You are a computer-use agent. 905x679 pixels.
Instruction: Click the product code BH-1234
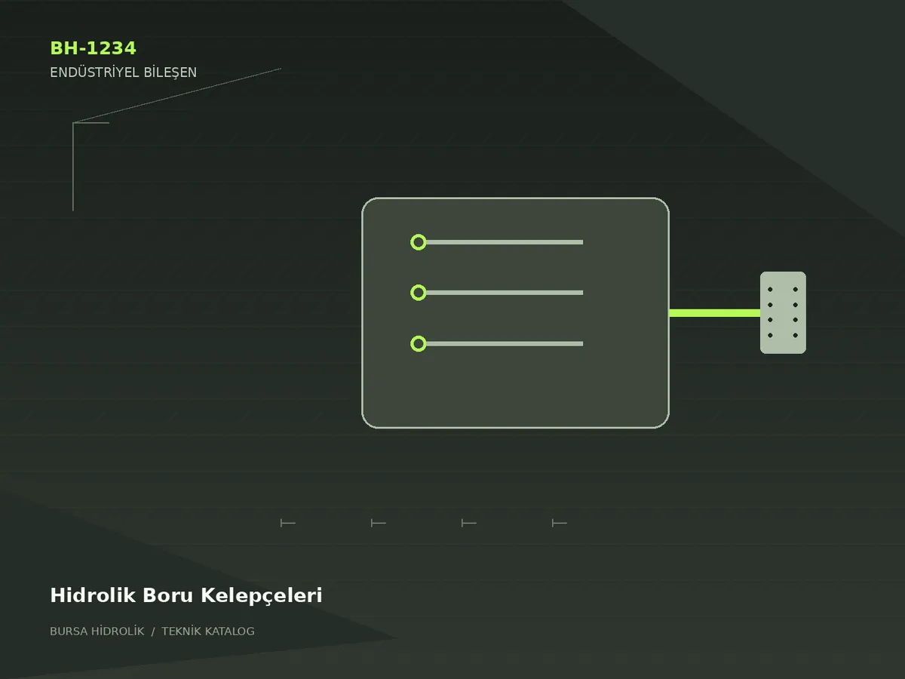[x=93, y=48]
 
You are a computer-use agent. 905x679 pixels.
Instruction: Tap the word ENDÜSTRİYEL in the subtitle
[x=94, y=72]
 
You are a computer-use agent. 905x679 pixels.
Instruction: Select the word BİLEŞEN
[x=170, y=72]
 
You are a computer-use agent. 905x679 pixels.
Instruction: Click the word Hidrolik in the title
[x=93, y=595]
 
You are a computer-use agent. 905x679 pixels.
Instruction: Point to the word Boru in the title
[x=168, y=595]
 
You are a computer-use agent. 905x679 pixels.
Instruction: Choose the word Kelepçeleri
[x=262, y=596]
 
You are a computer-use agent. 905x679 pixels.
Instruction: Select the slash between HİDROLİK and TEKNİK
[x=153, y=631]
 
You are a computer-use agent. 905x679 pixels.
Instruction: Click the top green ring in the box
[x=418, y=235]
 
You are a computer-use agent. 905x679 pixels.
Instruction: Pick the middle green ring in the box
[x=418, y=285]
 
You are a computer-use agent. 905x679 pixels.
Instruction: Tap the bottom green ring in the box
[x=418, y=336]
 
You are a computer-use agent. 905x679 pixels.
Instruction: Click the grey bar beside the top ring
[x=505, y=242]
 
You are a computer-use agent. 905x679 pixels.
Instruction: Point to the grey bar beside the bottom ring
[x=505, y=344]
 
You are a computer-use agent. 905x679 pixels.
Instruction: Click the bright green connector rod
[x=714, y=313]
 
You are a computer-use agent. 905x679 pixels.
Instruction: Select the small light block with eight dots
[x=783, y=312]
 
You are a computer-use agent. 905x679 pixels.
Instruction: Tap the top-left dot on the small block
[x=770, y=290]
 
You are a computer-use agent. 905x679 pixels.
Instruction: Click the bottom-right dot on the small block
[x=796, y=335]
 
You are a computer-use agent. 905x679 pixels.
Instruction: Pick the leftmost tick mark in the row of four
[x=288, y=523]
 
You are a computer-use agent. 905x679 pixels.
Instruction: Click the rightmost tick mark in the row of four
[x=560, y=523]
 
